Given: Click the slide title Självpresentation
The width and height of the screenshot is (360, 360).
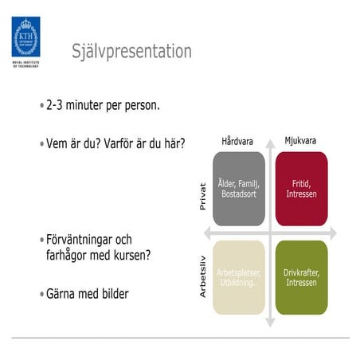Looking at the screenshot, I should pos(131,52).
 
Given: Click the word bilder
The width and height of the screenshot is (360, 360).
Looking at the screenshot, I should pos(111,294).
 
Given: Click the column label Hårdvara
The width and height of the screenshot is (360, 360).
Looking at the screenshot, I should pos(237,141).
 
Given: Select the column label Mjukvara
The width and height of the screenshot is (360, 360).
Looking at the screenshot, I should pos(300,141).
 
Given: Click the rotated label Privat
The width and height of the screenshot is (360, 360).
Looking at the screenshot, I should pos(202,197).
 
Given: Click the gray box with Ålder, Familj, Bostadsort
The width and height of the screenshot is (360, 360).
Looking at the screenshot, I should pos(238,190).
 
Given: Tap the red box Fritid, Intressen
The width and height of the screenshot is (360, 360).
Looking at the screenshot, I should pos(301,190).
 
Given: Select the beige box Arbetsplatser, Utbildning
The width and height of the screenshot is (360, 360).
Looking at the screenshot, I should pos(238,276).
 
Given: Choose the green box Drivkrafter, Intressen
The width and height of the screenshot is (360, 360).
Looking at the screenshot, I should pos(301,276).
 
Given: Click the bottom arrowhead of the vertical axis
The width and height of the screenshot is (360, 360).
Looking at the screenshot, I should pos(270,323).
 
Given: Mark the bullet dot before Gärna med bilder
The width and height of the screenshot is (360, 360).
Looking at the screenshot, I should pos(41,295).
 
